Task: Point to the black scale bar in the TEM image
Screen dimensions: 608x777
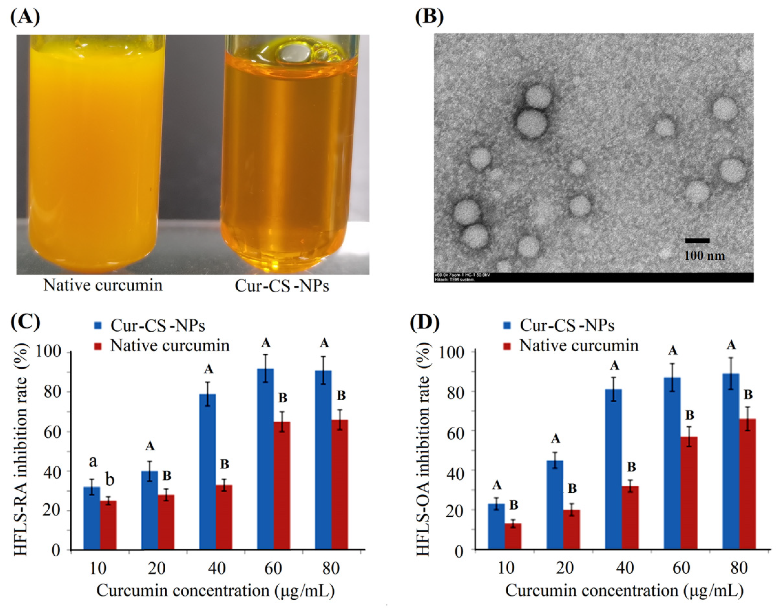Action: click(697, 241)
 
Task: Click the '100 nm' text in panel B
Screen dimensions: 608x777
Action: click(705, 255)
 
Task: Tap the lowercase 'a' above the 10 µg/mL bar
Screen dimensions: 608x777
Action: click(93, 462)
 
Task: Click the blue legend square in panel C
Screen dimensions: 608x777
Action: click(98, 325)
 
